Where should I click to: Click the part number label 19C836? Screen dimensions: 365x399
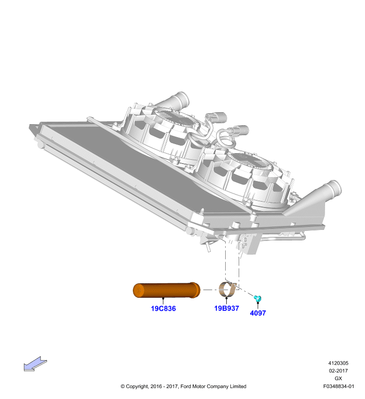[163, 308]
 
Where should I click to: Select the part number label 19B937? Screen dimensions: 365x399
[226, 308]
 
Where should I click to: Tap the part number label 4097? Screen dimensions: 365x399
[258, 313]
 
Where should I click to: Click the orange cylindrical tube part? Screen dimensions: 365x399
[167, 290]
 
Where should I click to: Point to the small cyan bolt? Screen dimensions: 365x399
[258, 298]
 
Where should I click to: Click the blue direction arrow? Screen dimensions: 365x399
[35, 364]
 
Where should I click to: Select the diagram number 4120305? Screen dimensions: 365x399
[338, 363]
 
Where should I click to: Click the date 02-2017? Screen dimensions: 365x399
[338, 371]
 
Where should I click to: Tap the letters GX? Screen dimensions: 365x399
[338, 379]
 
